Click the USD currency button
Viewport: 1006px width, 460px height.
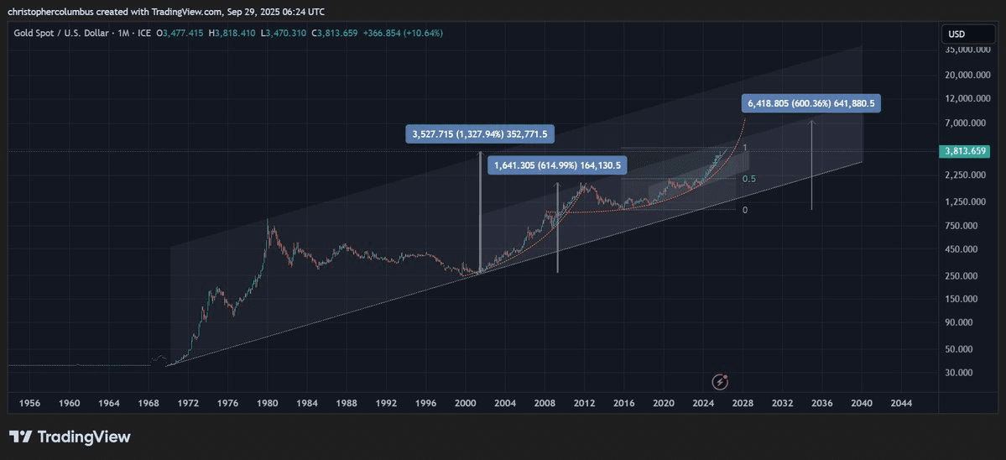pyautogui.click(x=956, y=34)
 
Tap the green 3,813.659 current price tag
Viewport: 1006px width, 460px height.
pyautogui.click(x=966, y=152)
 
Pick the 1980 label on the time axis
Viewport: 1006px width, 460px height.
pyautogui.click(x=268, y=403)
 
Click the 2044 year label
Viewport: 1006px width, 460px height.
pyautogui.click(x=901, y=403)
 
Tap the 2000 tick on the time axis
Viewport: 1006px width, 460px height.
pyautogui.click(x=465, y=403)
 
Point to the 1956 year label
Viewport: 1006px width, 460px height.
pyautogui.click(x=30, y=403)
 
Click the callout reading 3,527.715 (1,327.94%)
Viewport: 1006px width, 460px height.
pyautogui.click(x=479, y=133)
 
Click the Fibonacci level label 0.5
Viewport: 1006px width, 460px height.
pyautogui.click(x=749, y=179)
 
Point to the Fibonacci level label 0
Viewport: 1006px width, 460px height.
pyautogui.click(x=745, y=209)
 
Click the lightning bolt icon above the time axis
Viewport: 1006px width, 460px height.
pyautogui.click(x=720, y=382)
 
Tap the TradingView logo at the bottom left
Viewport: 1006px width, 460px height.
pyautogui.click(x=70, y=436)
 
